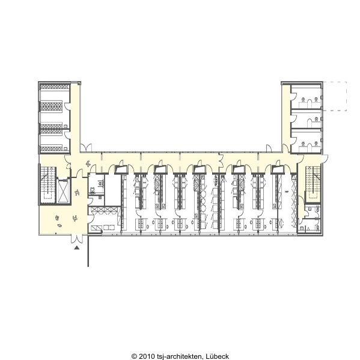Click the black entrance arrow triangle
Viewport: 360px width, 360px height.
(x=77, y=248)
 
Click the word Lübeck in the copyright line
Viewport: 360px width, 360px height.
(x=217, y=356)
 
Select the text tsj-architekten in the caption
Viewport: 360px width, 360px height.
(x=180, y=356)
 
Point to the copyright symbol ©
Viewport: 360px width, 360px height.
(x=134, y=356)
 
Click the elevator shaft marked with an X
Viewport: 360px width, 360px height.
(x=63, y=191)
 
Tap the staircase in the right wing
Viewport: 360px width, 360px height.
(x=313, y=182)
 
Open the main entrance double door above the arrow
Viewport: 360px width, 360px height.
(x=77, y=239)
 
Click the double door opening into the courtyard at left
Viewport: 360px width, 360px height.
(x=86, y=148)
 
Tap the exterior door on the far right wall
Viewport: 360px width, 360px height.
(x=325, y=159)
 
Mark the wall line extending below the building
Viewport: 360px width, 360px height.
(x=88, y=251)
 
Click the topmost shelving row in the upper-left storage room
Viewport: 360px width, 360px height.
(x=55, y=87)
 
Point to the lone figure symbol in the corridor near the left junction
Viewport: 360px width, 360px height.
(x=88, y=164)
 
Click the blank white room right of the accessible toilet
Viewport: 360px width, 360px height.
(x=112, y=190)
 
